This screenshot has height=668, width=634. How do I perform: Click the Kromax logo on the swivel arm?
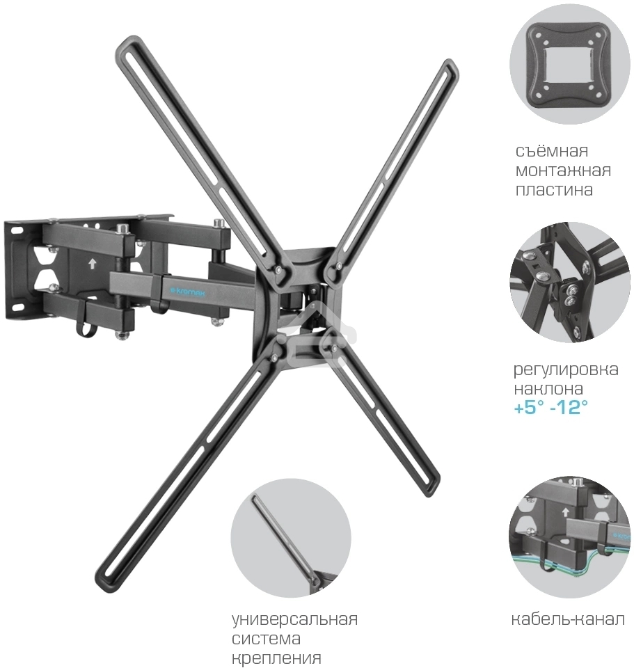188,292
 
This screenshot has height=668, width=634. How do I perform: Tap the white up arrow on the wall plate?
92,264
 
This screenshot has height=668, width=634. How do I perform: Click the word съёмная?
552,150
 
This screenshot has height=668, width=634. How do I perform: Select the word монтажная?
563,170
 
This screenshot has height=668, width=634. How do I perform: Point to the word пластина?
554,190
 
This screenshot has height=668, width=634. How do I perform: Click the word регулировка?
566,369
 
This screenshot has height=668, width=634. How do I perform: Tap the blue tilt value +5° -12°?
550,408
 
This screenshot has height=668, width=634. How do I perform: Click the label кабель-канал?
568,619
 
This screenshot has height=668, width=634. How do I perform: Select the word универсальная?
295,619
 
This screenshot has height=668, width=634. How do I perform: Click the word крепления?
276,658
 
